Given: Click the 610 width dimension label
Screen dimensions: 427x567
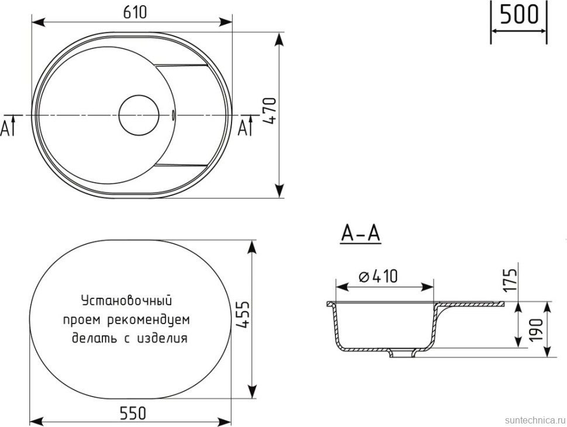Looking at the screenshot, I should click(133, 11).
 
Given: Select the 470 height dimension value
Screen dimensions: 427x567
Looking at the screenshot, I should click(268, 111).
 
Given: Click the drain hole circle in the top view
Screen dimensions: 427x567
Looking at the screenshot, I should click(139, 114).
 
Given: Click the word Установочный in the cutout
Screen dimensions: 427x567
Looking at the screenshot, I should click(126, 301).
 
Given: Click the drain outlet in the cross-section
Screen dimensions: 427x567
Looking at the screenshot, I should click(402, 353).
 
